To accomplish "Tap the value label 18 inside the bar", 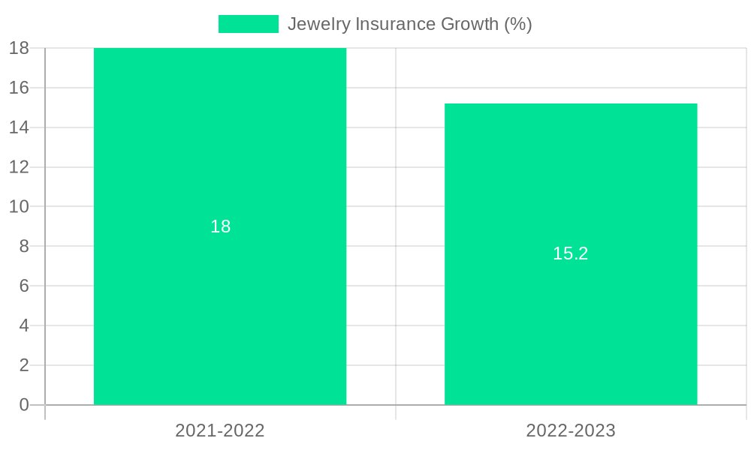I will click(220, 226).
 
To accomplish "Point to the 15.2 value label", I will click(571, 253).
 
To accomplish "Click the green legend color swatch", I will click(248, 24).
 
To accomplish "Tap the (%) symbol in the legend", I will click(518, 24).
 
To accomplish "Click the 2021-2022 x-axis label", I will click(220, 430).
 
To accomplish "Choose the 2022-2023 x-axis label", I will click(571, 430).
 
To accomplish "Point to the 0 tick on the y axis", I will click(24, 405).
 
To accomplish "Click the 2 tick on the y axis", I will click(24, 365).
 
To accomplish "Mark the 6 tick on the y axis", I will click(24, 286).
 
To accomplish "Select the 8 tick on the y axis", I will click(24, 246).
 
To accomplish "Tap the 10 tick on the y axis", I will click(20, 206).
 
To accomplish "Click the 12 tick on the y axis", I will click(20, 166).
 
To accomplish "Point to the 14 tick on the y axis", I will click(20, 127).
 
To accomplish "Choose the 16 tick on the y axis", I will click(20, 88).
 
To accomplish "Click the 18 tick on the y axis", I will click(20, 48).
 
